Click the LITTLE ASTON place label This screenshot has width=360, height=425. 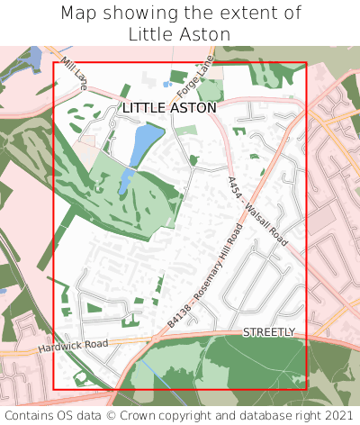click(169, 108)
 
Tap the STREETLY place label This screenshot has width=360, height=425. click(268, 332)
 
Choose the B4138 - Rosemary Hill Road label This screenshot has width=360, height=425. click(206, 276)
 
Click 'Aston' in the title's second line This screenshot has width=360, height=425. click(203, 34)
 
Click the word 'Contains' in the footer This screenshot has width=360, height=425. click(32, 415)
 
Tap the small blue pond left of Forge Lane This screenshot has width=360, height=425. click(167, 85)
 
